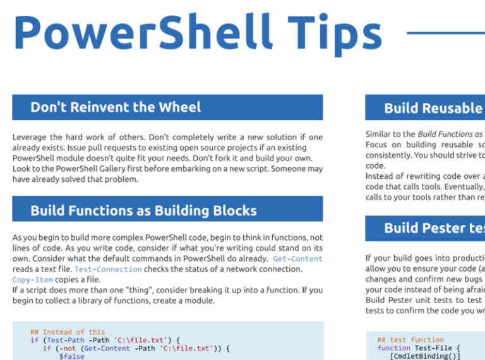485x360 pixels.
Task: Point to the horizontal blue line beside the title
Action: point(445,33)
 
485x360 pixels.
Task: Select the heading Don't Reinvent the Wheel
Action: point(116,107)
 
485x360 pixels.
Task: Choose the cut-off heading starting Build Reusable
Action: point(433,108)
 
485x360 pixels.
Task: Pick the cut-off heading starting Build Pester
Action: point(433,228)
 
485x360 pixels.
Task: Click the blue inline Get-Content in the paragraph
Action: point(297,259)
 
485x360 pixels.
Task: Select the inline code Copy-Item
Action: point(33,280)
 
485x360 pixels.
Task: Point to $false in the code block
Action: point(71,356)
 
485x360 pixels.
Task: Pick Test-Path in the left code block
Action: point(68,340)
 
